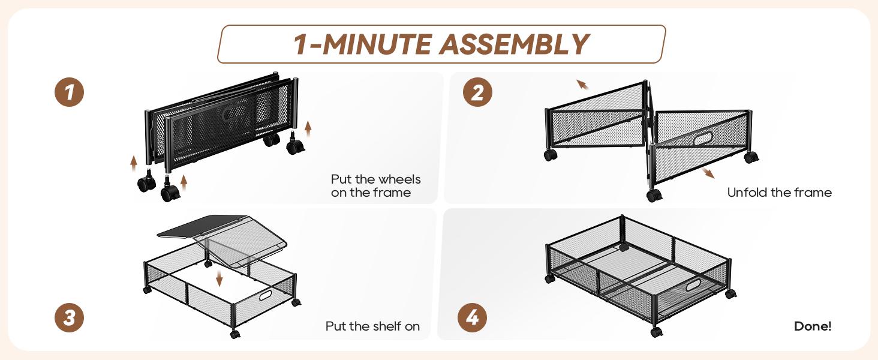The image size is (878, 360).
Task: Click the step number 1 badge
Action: (69, 92)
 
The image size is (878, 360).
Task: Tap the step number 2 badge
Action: (477, 92)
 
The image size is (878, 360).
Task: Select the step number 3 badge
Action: (69, 317)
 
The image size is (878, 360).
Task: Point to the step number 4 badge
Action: (472, 317)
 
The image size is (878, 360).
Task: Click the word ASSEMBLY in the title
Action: (514, 44)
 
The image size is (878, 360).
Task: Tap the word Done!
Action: (812, 326)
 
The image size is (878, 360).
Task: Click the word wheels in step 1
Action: (398, 179)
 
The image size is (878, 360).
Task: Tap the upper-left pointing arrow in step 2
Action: (582, 85)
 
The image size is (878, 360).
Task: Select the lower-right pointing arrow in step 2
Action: (708, 173)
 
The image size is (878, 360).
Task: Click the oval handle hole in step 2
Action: (703, 139)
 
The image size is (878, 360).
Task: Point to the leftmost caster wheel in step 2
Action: (551, 155)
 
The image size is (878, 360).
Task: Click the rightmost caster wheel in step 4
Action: (730, 294)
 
